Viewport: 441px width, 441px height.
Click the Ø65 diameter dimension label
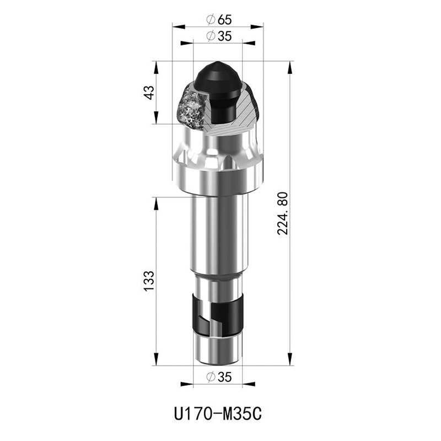(x=218, y=20)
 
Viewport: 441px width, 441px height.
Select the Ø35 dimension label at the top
(x=218, y=36)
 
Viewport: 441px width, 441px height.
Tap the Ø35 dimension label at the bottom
(x=218, y=377)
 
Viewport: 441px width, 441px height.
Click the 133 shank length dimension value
(x=149, y=281)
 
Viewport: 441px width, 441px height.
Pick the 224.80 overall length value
(x=283, y=213)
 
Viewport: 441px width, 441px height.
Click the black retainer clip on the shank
(x=217, y=314)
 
